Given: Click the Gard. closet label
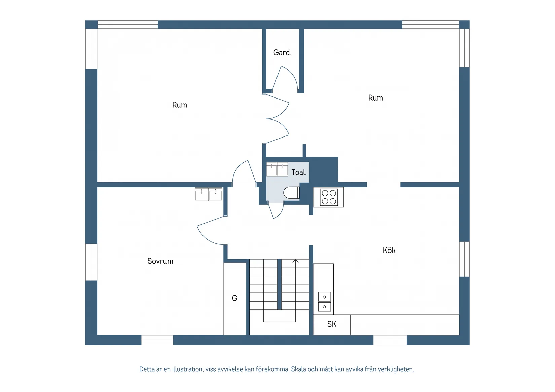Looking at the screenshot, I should click(282, 52).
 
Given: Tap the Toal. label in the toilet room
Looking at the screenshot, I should click(299, 172).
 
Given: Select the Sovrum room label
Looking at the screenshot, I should click(160, 261).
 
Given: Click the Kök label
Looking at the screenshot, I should click(389, 250).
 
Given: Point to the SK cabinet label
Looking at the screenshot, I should click(332, 324).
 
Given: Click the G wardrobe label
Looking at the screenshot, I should click(234, 298).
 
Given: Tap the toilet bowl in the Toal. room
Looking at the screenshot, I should click(291, 193).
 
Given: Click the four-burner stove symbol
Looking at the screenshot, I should click(329, 197).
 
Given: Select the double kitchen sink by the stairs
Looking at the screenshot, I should click(324, 302).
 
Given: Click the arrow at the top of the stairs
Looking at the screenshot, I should click(295, 261).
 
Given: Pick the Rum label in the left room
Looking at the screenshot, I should click(179, 105).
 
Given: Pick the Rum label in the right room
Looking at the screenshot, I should click(375, 98).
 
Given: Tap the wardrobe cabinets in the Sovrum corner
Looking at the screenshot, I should click(209, 194).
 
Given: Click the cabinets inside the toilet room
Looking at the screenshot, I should click(277, 169).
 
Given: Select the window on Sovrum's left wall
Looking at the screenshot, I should click(91, 262).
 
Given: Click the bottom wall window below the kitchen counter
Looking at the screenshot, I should click(390, 340).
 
